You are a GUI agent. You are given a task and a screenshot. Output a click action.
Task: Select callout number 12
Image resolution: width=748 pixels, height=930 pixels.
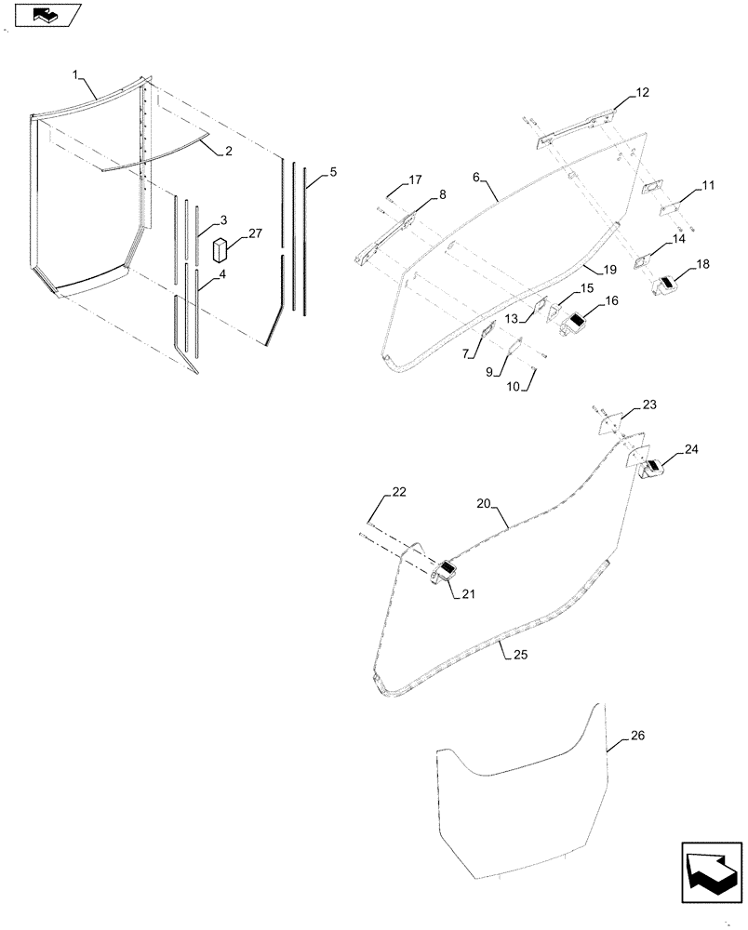click(643, 93)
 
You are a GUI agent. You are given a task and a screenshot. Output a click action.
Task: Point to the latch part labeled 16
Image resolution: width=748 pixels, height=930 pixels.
click(573, 325)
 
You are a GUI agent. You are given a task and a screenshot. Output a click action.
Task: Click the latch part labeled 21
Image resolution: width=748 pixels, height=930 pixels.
click(444, 573)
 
